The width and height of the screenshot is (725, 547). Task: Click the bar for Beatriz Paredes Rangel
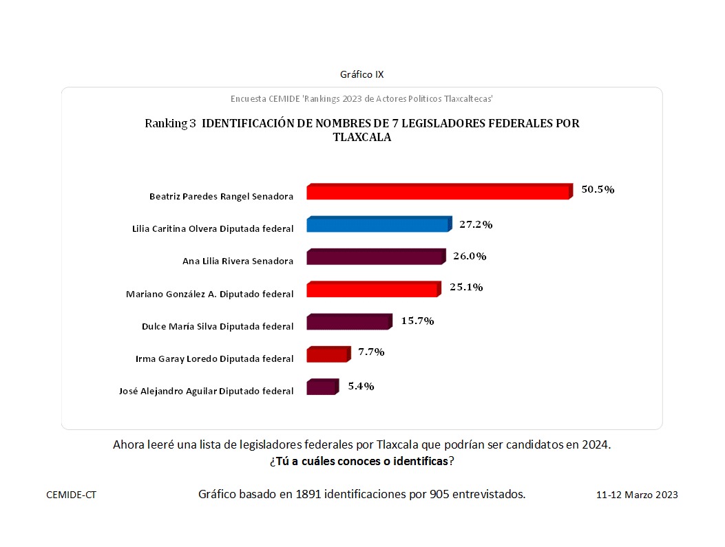(x=439, y=192)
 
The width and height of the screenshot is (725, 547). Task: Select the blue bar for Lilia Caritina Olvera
(x=378, y=225)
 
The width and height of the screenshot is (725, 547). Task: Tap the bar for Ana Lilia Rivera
(x=375, y=257)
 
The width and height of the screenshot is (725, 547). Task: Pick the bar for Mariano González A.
(x=372, y=290)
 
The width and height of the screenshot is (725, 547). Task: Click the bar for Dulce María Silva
(x=348, y=322)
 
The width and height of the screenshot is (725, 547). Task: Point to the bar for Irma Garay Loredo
(x=327, y=355)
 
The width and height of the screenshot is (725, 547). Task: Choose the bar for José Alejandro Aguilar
(x=322, y=387)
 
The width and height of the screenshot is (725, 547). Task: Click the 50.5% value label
(x=598, y=189)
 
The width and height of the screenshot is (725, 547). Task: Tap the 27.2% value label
(x=476, y=224)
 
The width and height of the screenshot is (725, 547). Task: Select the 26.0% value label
(x=470, y=256)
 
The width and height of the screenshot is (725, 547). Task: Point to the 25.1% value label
(x=466, y=287)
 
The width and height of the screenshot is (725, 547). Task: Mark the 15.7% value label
(x=417, y=321)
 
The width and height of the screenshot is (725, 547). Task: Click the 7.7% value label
(x=370, y=352)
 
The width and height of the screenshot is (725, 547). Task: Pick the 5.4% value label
(x=360, y=386)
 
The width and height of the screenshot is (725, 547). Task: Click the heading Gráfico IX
(x=362, y=74)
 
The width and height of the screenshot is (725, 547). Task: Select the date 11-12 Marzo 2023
(x=637, y=495)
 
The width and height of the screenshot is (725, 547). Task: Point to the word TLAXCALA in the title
(x=361, y=137)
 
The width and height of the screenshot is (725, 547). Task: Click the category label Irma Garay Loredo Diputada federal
(x=216, y=358)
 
